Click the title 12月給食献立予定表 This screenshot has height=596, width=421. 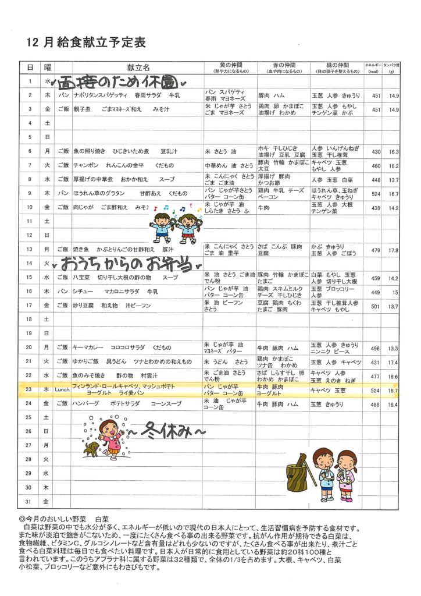[x=86, y=42]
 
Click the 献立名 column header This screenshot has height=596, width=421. [x=138, y=67]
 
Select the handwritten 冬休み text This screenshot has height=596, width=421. [x=174, y=431]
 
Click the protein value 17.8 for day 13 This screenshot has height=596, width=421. [x=394, y=250]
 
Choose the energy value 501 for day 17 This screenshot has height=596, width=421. [x=375, y=306]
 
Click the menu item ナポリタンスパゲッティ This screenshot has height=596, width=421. [x=95, y=95]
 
